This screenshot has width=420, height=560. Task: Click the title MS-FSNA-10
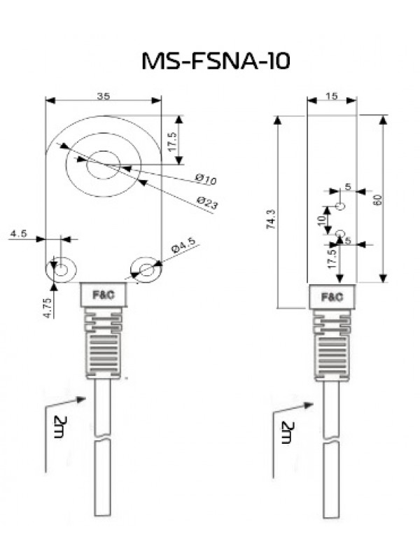tap(216, 61)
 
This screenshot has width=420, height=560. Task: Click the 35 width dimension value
tap(103, 96)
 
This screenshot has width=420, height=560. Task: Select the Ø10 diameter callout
tap(206, 179)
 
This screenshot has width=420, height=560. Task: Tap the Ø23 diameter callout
tap(207, 203)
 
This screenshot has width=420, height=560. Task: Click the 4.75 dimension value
tap(47, 307)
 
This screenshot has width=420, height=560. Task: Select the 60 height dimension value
tap(378, 200)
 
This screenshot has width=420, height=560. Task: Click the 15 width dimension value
tap(332, 96)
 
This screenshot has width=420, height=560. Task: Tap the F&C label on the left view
tap(104, 295)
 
